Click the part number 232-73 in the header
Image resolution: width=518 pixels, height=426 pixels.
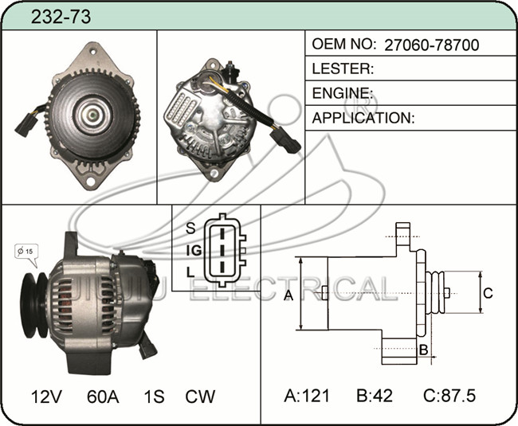click(x=61, y=17)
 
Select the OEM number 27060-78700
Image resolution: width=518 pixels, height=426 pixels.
click(x=431, y=45)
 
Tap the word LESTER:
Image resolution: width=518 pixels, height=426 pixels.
click(x=343, y=68)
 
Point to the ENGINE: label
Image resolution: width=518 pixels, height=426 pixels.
click(x=343, y=93)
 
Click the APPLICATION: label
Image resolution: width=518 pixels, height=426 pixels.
click(x=363, y=118)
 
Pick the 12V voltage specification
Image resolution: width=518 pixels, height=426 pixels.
click(x=46, y=397)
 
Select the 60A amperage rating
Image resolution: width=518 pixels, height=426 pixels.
click(x=103, y=397)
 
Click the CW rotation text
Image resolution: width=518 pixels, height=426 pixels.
click(x=200, y=397)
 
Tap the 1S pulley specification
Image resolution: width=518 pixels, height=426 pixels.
click(x=154, y=397)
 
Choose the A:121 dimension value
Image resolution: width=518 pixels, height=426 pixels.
click(x=307, y=395)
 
